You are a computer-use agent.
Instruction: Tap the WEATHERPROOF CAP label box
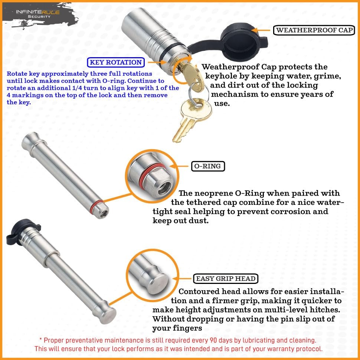coord(314,30)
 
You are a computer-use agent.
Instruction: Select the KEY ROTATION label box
coord(115,62)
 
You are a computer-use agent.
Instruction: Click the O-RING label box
coord(208,166)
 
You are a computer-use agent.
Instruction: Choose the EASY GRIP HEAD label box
coord(226,278)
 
